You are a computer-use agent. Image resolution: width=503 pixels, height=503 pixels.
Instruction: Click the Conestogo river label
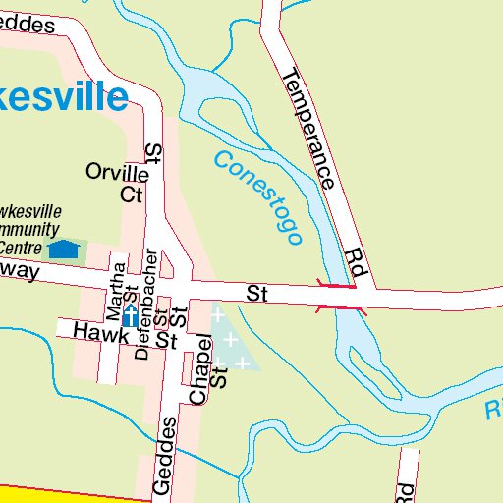tap(257, 197)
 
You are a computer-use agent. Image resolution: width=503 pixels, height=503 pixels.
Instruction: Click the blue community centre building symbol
tap(65, 250)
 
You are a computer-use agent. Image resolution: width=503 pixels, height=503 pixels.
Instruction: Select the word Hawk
tap(101, 334)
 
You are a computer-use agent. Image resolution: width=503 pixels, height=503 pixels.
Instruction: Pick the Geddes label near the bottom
tap(164, 458)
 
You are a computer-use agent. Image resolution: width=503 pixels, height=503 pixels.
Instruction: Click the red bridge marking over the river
tap(336, 297)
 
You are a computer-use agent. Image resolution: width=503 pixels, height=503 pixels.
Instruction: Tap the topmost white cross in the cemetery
tap(217, 315)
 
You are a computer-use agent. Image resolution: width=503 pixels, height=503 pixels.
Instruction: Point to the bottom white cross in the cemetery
tap(239, 363)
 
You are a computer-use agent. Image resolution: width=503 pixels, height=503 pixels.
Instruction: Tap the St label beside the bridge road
tap(257, 293)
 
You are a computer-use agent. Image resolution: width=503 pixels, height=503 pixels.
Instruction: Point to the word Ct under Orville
tap(132, 195)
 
